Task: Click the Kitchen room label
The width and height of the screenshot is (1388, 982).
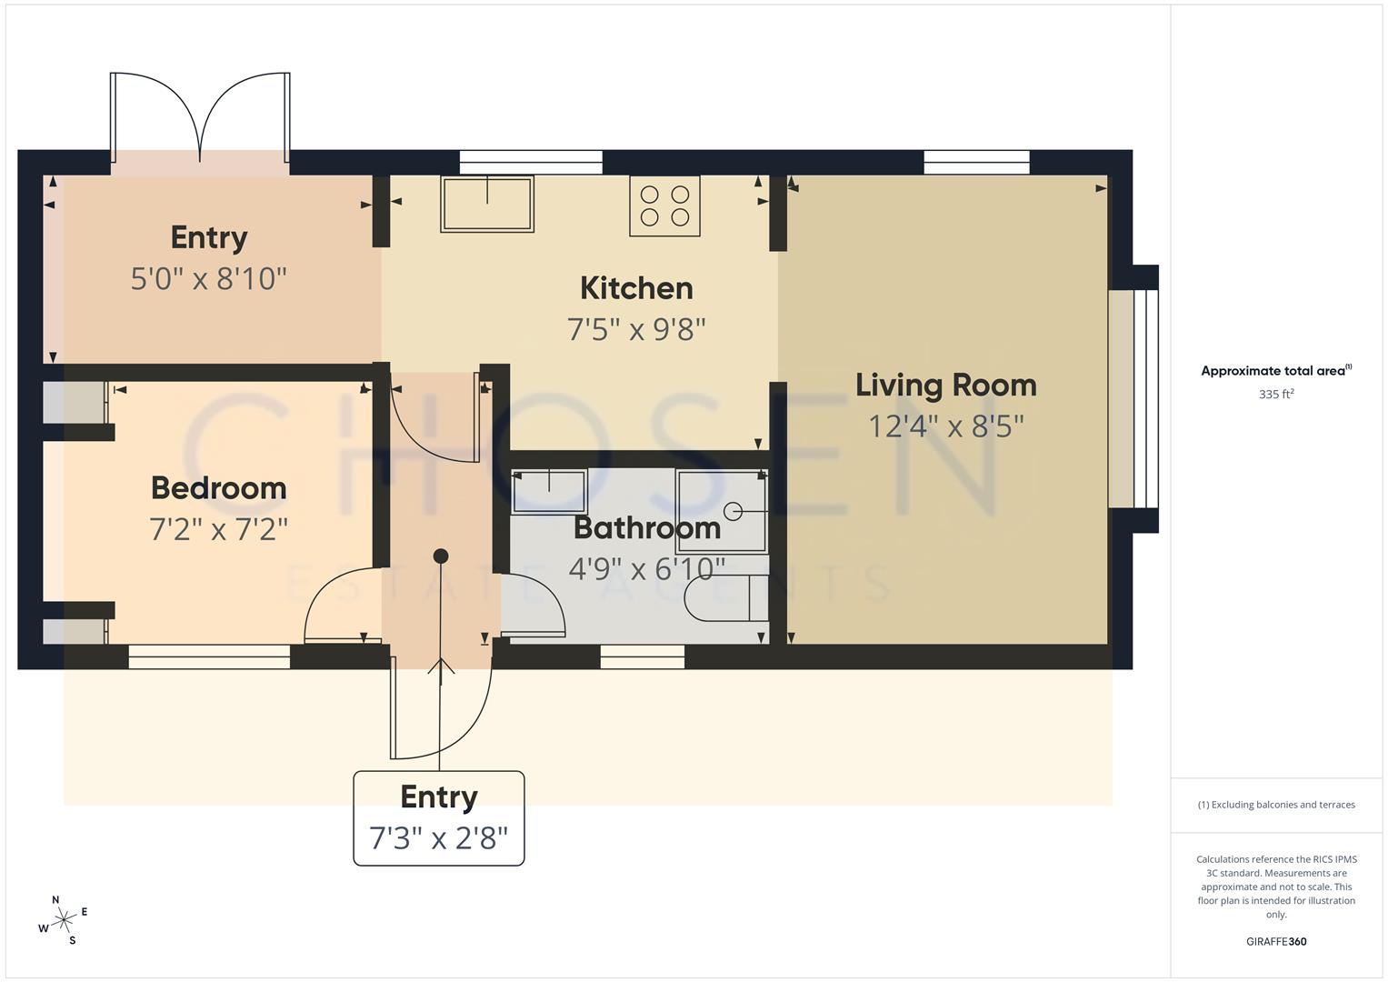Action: [x=636, y=288]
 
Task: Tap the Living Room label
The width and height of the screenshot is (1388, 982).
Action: [x=945, y=385]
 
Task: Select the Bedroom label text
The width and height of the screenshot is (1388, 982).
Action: [x=218, y=488]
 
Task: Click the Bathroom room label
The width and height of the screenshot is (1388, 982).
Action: [x=646, y=527]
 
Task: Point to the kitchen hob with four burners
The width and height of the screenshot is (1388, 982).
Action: [x=664, y=206]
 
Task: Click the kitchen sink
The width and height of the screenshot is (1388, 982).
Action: [x=487, y=204]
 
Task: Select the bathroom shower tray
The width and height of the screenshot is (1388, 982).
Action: [x=723, y=511]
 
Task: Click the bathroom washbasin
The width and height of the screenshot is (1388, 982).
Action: [x=549, y=491]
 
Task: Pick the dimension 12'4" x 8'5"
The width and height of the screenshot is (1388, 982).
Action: [x=945, y=426]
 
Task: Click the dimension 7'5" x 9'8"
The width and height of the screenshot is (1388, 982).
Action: [x=636, y=329]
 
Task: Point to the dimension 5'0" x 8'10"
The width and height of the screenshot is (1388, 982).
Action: [x=209, y=278]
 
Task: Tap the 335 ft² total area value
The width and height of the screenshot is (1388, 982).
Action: [x=1276, y=395]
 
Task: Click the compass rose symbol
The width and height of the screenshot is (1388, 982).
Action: [x=64, y=920]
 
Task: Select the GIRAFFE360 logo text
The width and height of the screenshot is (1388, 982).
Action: [x=1276, y=942]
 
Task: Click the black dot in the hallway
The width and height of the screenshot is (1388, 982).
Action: [x=441, y=556]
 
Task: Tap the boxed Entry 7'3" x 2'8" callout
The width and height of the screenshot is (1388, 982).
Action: [x=439, y=817]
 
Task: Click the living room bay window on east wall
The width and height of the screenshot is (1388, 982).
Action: [x=1133, y=398]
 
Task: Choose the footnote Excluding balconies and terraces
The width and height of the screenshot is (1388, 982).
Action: [x=1276, y=805]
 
